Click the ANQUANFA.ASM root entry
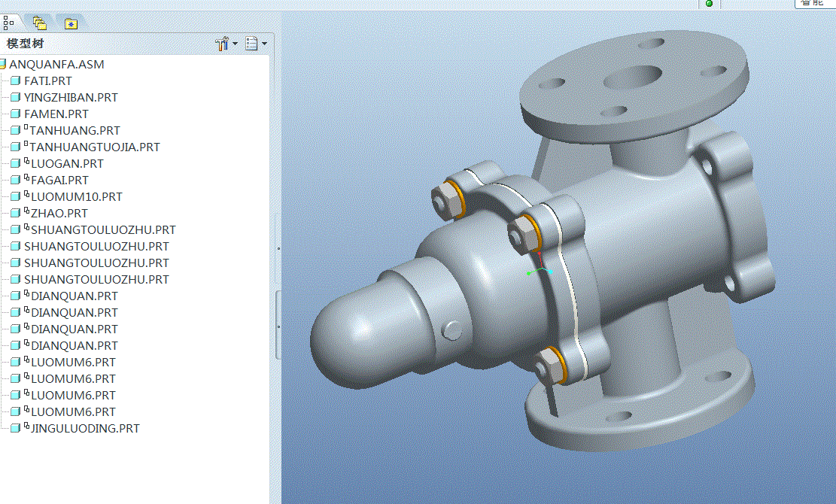pyautogui.click(x=56, y=65)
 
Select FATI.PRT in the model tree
pyautogui.click(x=48, y=81)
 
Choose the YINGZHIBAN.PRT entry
pyautogui.click(x=71, y=98)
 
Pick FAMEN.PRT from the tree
pyautogui.click(x=56, y=114)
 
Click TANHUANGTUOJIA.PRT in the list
pyautogui.click(x=94, y=147)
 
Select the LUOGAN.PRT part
pyautogui.click(x=67, y=164)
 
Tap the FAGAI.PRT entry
pyautogui.click(x=59, y=181)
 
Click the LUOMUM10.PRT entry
pyautogui.click(x=76, y=197)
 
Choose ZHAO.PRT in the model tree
pyautogui.click(x=59, y=214)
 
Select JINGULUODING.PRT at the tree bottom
pyautogui.click(x=85, y=429)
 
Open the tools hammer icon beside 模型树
pyautogui.click(x=222, y=44)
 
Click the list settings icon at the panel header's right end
pyautogui.click(x=252, y=44)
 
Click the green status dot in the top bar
pyautogui.click(x=709, y=4)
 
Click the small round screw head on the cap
pyautogui.click(x=454, y=329)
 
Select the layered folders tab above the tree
pyautogui.click(x=39, y=23)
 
